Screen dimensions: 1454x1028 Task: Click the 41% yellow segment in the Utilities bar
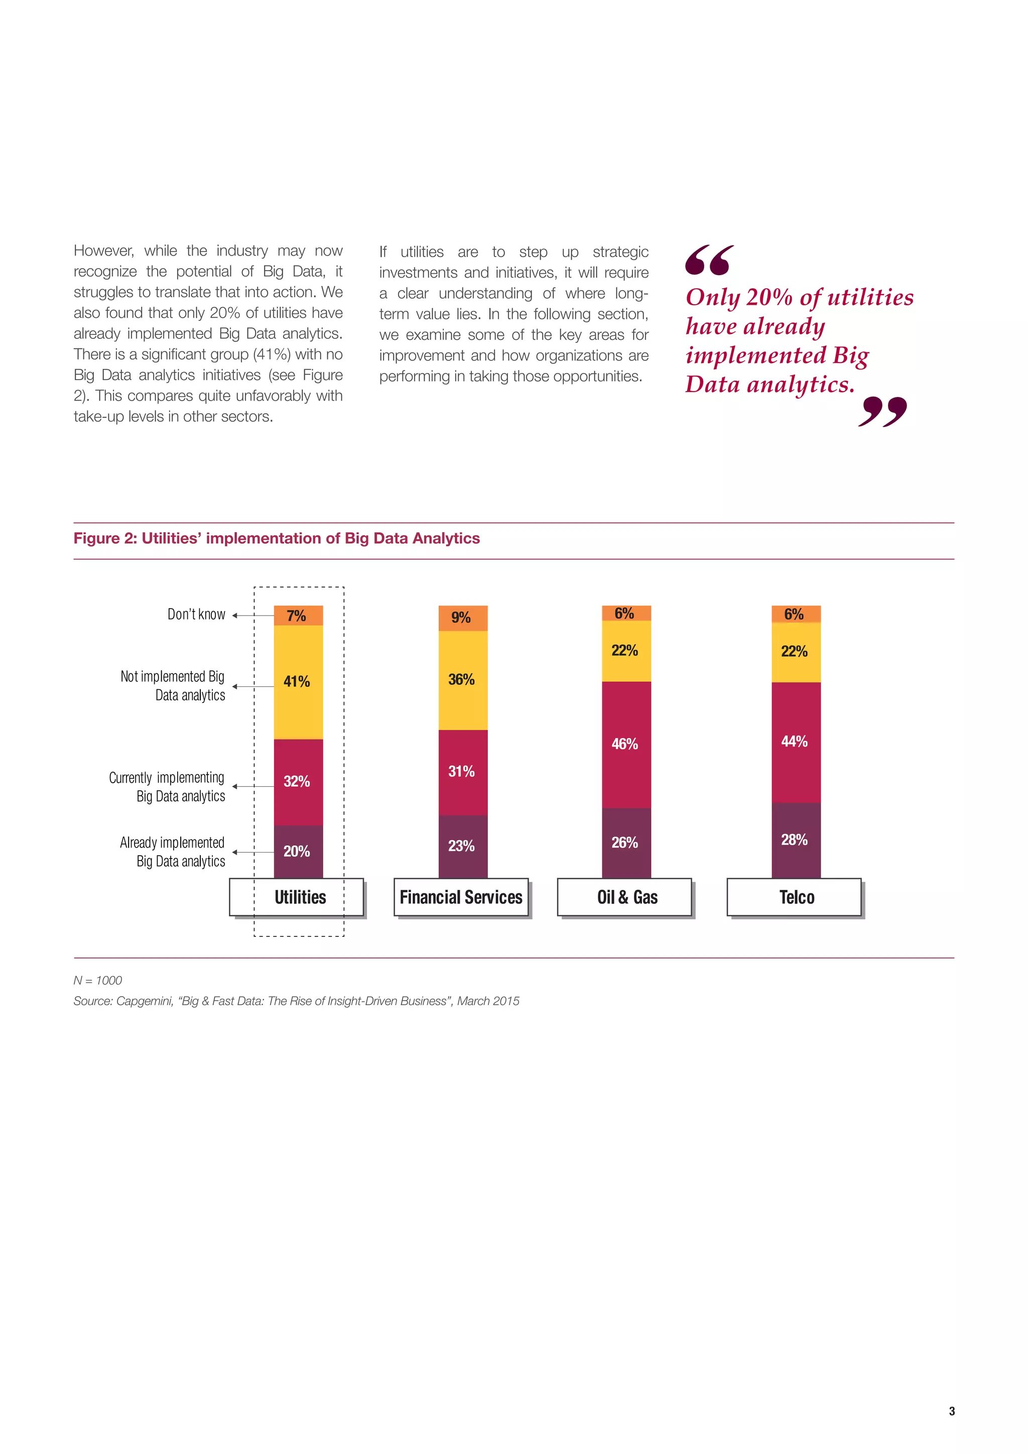click(x=298, y=682)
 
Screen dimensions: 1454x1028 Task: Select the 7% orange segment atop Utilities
click(x=298, y=616)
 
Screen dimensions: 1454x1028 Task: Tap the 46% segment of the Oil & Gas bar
click(x=626, y=744)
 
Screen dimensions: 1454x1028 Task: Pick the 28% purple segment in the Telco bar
click(x=796, y=840)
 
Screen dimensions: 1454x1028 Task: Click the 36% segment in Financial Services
click(x=463, y=680)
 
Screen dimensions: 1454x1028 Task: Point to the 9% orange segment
click(x=463, y=618)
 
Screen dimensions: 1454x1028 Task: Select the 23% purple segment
click(x=463, y=846)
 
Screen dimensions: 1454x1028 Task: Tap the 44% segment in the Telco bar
click(x=796, y=742)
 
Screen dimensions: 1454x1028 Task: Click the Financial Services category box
click(x=461, y=897)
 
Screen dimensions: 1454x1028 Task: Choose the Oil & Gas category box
click(x=625, y=897)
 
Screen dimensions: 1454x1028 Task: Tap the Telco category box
click(x=795, y=897)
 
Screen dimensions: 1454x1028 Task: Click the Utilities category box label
click(x=300, y=897)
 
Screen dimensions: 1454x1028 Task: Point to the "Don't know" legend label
click(x=196, y=614)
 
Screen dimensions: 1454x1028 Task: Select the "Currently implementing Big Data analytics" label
click(x=167, y=787)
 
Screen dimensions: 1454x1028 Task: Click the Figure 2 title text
click(x=277, y=538)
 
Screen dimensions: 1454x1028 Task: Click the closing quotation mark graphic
click(x=882, y=412)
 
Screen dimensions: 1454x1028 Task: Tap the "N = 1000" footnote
click(x=98, y=981)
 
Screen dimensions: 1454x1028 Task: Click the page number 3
click(x=951, y=1411)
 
